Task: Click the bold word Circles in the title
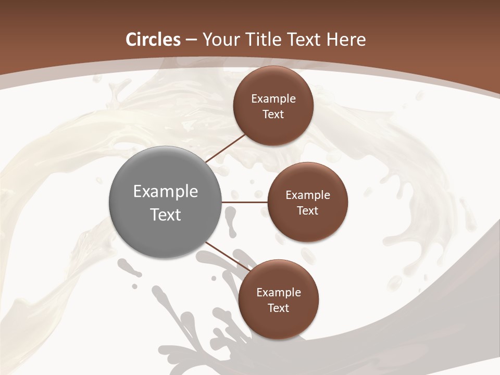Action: pos(153,39)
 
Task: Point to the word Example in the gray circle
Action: pos(166,192)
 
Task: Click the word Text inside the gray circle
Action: pos(166,215)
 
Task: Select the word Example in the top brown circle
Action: pos(273,99)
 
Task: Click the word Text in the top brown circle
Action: pos(273,114)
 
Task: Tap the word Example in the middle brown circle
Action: pos(308,195)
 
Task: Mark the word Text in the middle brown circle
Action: pos(308,210)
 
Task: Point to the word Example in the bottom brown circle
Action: pos(279,293)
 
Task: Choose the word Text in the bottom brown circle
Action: pos(279,308)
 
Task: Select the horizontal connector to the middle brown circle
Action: pos(245,202)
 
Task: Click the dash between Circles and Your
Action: pos(191,40)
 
